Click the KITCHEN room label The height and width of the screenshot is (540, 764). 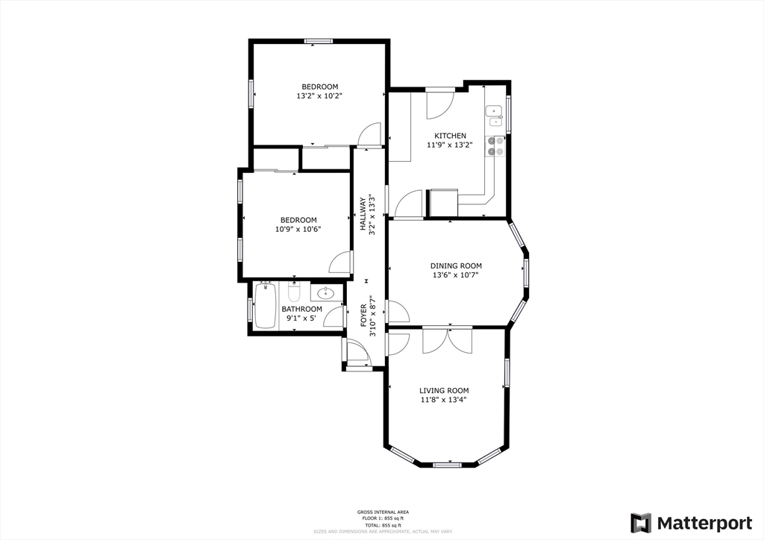coord(451,136)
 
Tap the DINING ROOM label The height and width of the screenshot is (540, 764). coord(456,266)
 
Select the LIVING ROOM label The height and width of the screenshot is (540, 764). coord(444,390)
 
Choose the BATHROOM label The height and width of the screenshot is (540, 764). coord(301,309)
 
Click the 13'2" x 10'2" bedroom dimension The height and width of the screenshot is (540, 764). coord(319,95)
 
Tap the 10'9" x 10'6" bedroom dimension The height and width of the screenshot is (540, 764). coord(298,230)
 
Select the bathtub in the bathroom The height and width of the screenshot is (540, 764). coord(265,305)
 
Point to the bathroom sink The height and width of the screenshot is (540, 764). coord(327,292)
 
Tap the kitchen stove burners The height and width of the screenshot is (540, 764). coord(495,146)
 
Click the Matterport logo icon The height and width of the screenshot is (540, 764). coord(640,523)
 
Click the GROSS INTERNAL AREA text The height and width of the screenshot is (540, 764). coord(382,512)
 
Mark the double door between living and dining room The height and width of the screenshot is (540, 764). coord(447,339)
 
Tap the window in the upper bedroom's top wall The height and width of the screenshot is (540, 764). coord(319,41)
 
